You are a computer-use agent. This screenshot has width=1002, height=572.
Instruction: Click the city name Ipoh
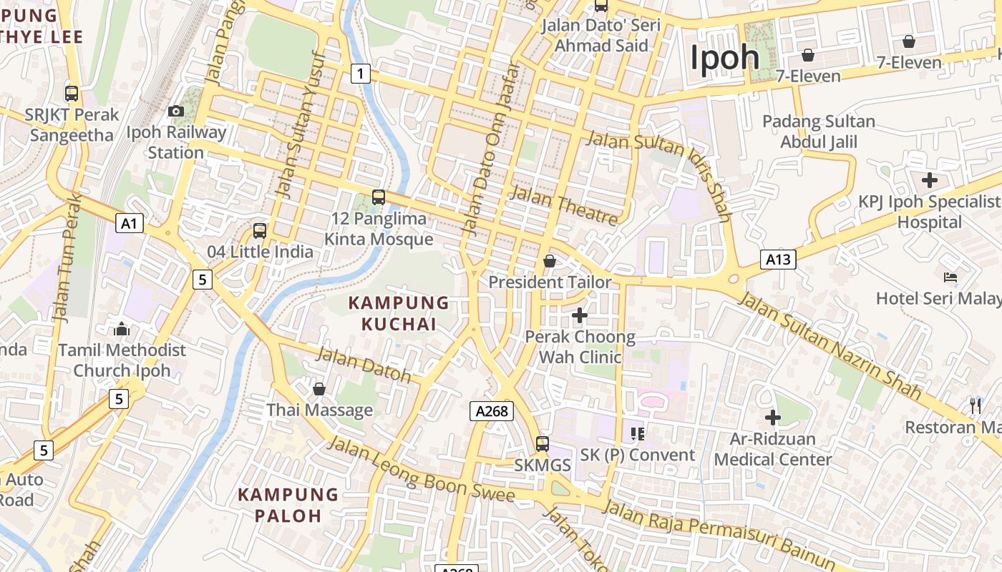(x=724, y=57)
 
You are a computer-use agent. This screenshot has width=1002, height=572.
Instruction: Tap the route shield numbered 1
(x=361, y=73)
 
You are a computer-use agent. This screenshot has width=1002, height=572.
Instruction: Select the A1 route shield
(x=130, y=224)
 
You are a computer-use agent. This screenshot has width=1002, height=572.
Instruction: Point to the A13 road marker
(x=778, y=259)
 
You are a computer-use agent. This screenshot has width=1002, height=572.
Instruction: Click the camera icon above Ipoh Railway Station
(x=175, y=111)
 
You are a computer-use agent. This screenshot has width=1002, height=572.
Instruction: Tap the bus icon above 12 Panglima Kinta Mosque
(x=379, y=197)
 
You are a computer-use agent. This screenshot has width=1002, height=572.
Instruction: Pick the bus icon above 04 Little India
(x=260, y=231)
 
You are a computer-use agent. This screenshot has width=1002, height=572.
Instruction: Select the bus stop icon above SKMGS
(x=543, y=444)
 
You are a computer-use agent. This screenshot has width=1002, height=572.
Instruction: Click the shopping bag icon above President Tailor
(x=550, y=262)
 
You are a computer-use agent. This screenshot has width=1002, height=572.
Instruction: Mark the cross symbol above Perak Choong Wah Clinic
(x=580, y=315)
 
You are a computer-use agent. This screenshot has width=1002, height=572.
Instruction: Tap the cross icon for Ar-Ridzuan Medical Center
(x=773, y=418)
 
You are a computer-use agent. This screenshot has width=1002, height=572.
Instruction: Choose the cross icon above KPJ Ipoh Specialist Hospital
(x=930, y=180)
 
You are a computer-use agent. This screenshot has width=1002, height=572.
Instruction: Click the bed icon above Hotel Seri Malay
(x=950, y=277)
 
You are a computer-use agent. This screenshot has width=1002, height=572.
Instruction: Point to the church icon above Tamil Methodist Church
(x=122, y=329)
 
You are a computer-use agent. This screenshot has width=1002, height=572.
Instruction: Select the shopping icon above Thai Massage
(x=319, y=389)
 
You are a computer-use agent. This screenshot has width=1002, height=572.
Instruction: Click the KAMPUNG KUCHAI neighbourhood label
(x=399, y=313)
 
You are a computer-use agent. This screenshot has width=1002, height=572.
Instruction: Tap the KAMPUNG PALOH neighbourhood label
(x=288, y=505)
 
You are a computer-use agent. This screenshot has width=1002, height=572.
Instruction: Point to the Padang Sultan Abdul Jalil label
(x=819, y=132)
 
